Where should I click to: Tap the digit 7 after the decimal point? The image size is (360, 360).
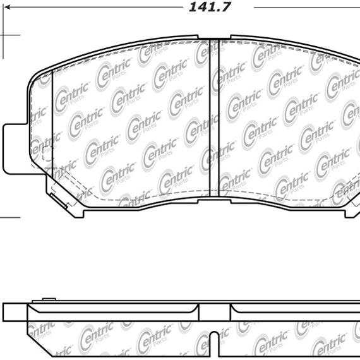[227, 8]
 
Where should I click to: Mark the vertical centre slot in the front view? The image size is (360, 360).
[215, 120]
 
